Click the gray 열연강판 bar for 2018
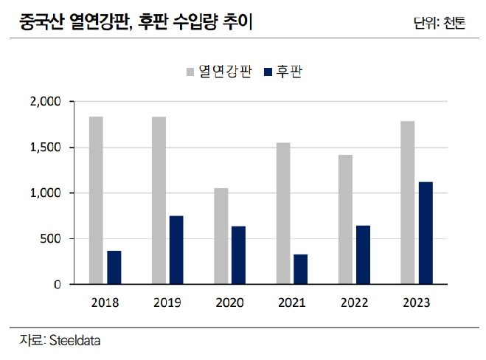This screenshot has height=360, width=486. (x=96, y=200)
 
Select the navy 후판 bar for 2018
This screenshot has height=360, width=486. (x=114, y=267)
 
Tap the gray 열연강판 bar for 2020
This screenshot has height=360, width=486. (x=221, y=236)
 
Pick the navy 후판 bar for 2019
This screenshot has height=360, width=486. (x=176, y=249)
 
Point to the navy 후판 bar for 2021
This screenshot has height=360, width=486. (x=300, y=269)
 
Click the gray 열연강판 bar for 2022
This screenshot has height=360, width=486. (x=345, y=219)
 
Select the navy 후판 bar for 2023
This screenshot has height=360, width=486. (x=426, y=233)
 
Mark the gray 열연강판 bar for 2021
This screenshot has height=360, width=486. (x=283, y=213)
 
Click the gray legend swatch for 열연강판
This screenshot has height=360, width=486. (x=190, y=72)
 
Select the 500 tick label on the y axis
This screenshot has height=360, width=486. (x=56, y=238)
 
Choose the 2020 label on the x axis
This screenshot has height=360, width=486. (x=230, y=302)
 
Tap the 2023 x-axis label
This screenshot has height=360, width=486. (x=417, y=302)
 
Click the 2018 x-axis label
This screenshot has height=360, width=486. (x=105, y=302)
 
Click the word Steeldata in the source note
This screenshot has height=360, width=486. (x=74, y=340)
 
